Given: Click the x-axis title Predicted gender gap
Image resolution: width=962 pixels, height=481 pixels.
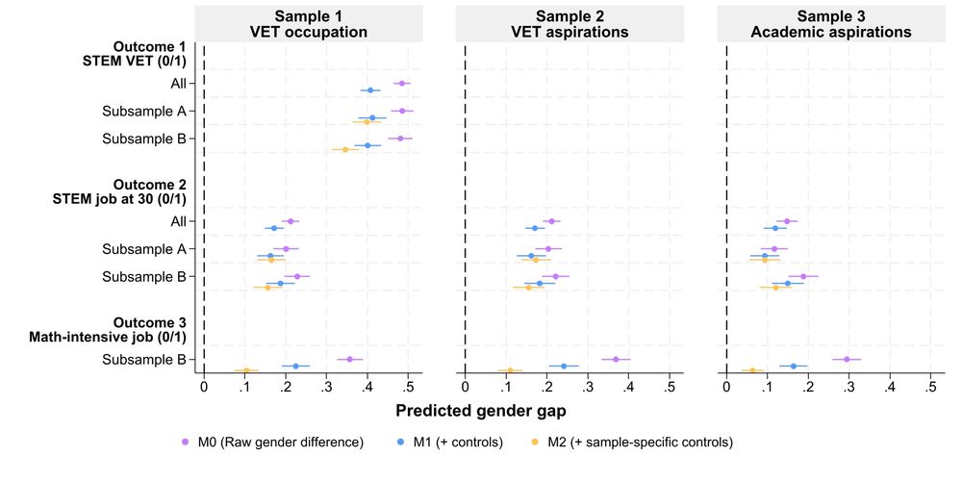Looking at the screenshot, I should (481, 410).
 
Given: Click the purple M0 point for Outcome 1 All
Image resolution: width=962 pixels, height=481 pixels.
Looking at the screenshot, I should (401, 84).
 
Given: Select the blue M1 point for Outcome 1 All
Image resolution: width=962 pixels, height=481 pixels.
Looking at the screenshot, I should (370, 90).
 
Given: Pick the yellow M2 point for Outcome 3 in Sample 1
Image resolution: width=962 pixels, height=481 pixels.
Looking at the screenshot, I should (246, 370).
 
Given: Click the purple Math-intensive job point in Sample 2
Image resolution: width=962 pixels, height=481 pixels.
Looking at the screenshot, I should (616, 359).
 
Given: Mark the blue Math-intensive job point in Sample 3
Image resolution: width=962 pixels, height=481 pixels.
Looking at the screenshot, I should (794, 366).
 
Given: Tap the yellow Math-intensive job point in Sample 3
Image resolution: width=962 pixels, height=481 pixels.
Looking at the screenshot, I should (752, 370).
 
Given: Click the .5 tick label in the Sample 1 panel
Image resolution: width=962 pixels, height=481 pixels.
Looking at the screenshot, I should (408, 389).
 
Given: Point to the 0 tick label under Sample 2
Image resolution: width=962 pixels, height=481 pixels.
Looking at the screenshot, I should (466, 389).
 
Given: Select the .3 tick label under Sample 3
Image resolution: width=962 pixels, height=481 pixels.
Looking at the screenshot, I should (849, 389).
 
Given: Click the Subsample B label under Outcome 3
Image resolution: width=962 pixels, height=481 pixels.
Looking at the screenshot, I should (143, 360).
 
